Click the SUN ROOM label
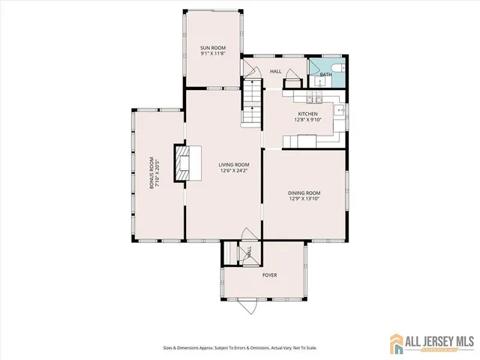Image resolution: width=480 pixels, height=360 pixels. coord(213,47)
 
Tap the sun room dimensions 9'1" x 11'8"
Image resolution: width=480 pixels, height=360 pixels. coord(213,53)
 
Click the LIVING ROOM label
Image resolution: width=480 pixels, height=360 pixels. coord(234,164)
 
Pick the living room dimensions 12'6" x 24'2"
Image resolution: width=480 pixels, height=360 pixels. coord(234,171)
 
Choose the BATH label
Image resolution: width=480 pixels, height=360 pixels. coord(325,75)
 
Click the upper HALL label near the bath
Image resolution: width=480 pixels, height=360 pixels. coord(275,71)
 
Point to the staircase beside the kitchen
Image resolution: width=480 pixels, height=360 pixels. coord(252,105)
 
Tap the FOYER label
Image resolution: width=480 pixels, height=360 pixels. coord(269,275)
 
